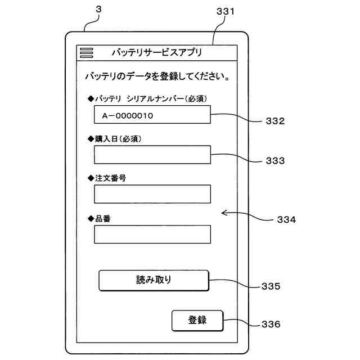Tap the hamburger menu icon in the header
pyautogui.click(x=86, y=53)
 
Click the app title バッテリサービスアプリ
pyautogui.click(x=156, y=53)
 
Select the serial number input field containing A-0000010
pyautogui.click(x=152, y=115)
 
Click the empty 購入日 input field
pyautogui.click(x=152, y=155)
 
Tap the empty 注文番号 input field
pyautogui.click(x=152, y=194)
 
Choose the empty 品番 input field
pyautogui.click(x=152, y=234)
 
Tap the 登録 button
pyautogui.click(x=197, y=321)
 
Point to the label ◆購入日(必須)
pyautogui.click(x=115, y=138)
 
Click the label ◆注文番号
pyautogui.click(x=107, y=178)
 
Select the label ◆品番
pyautogui.click(x=99, y=218)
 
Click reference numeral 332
pyautogui.click(x=275, y=121)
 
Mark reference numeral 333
pyautogui.click(x=275, y=160)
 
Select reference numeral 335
pyautogui.click(x=271, y=286)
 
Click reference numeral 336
pyautogui.click(x=271, y=325)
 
